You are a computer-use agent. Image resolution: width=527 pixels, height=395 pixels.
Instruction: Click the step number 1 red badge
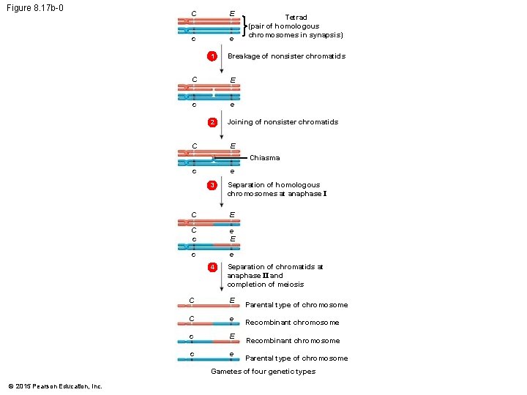212,57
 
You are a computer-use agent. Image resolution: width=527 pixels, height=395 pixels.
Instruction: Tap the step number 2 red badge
212,122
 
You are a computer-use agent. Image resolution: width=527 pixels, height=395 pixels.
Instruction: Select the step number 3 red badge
212,186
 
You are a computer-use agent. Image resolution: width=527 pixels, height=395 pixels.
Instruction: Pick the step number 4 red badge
212,268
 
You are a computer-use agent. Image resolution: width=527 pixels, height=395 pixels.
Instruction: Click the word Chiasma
264,158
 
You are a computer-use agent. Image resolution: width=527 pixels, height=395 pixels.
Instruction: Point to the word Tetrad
296,17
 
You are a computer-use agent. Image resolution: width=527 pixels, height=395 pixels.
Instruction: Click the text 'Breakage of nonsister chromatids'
286,56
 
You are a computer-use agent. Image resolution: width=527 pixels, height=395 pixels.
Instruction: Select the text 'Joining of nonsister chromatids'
283,122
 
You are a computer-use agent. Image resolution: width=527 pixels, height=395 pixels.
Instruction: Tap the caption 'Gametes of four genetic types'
263,372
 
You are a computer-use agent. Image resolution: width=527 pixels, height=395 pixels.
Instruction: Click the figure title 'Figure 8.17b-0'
31,9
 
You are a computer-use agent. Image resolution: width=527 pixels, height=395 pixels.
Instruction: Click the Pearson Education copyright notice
55,386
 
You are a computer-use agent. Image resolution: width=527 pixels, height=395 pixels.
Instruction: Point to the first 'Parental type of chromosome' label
296,305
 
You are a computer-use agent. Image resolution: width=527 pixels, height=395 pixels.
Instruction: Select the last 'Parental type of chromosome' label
296,358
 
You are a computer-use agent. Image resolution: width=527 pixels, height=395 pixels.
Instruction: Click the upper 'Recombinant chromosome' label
292,323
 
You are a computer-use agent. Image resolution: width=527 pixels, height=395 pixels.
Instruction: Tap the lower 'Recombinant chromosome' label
293,341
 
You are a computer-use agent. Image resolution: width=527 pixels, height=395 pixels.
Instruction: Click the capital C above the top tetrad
193,13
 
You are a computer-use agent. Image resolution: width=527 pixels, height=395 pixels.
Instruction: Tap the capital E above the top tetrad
232,13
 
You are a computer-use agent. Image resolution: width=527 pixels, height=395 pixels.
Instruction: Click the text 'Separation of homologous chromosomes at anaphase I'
274,189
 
